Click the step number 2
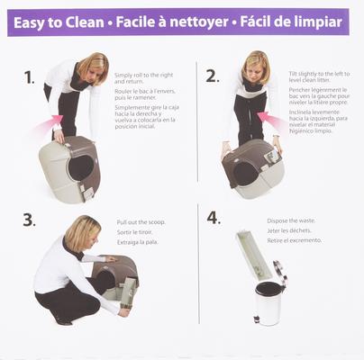click(x=212, y=76)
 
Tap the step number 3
click(x=29, y=220)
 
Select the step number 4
click(x=213, y=217)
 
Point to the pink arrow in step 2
click(x=272, y=121)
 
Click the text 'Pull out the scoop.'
click(x=141, y=221)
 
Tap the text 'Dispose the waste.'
click(x=290, y=220)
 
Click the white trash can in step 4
click(x=268, y=301)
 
